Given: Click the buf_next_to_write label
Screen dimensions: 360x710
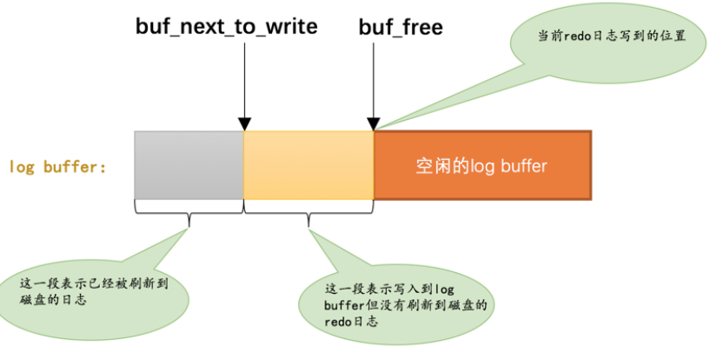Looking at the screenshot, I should pos(226,26).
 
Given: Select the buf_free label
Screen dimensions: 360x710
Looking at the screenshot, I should pos(401,26).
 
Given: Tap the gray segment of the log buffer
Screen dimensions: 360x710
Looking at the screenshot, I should pos(189,164).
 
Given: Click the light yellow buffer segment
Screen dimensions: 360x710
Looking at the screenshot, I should pos(309,164).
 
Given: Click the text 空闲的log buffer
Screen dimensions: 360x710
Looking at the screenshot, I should pos(481,165).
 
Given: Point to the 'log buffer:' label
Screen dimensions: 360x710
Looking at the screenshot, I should pos(56,166).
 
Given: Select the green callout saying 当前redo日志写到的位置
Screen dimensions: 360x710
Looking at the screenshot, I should pos(601,37).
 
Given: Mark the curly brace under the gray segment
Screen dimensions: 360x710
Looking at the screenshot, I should pos(189,208).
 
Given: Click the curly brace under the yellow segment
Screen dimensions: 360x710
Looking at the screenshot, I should pos(309,208).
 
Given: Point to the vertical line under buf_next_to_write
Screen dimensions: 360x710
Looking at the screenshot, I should pos(244,78).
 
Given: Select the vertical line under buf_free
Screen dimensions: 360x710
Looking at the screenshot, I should pos(374,78).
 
